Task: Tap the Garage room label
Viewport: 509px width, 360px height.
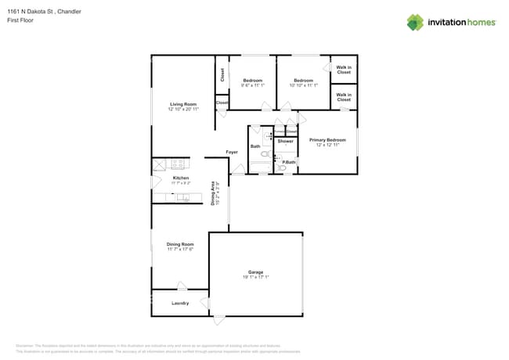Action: click(255, 272)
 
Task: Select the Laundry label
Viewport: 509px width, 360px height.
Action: click(180, 303)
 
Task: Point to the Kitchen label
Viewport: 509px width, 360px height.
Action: click(181, 178)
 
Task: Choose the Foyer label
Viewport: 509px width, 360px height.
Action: click(232, 152)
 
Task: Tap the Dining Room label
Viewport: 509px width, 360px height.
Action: click(180, 244)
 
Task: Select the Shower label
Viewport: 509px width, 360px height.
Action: click(285, 142)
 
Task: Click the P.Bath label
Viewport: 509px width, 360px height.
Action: click(289, 162)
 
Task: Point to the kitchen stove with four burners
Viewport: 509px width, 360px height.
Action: click(178, 164)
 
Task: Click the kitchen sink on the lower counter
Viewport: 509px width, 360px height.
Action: click(182, 196)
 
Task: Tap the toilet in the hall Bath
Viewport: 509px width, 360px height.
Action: click(265, 155)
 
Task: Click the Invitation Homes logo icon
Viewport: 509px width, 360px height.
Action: click(415, 22)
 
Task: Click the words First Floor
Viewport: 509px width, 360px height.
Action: click(20, 20)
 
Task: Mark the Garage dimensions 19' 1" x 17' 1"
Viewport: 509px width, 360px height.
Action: click(255, 277)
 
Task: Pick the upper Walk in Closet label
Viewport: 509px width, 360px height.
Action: click(344, 70)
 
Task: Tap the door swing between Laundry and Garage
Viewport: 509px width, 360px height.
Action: click(205, 301)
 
